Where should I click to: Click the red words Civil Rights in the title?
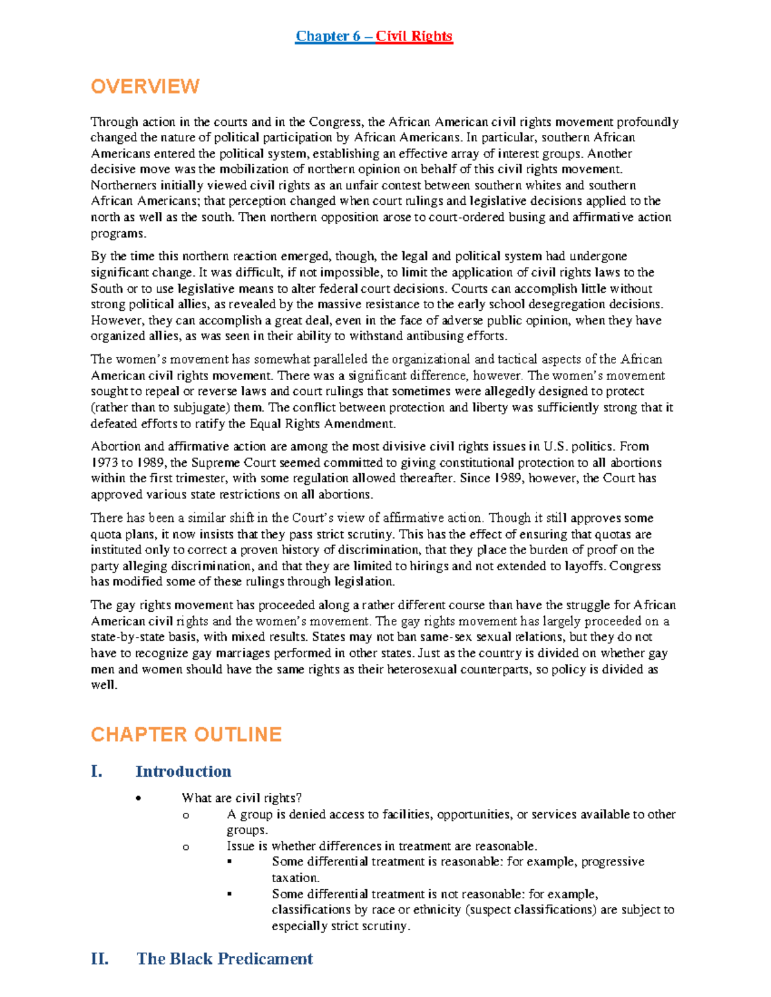pos(414,36)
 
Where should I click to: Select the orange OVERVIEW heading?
pos(145,87)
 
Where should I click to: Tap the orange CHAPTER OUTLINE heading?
pos(186,734)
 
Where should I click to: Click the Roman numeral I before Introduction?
pos(97,772)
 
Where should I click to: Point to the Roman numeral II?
pos(100,959)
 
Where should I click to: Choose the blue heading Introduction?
pos(183,772)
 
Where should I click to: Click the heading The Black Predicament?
pos(225,959)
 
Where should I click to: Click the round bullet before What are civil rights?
pos(138,799)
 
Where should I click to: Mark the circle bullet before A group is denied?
pos(186,815)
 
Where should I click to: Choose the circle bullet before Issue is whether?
pos(186,847)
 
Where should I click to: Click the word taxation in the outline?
pos(295,878)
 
